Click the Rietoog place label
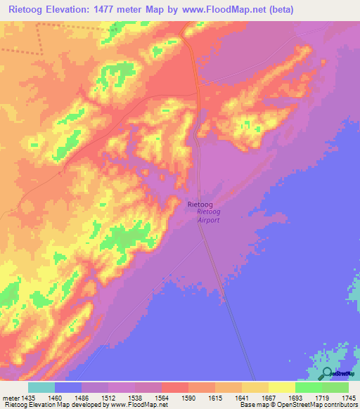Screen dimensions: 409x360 pyautogui.click(x=201, y=204)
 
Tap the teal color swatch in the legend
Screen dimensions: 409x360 pyautogui.click(x=41, y=387)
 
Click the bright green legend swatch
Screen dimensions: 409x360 pyautogui.click(x=308, y=387)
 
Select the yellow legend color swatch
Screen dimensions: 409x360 pyautogui.click(x=281, y=387)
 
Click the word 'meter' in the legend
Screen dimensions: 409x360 pyautogui.click(x=11, y=398)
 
